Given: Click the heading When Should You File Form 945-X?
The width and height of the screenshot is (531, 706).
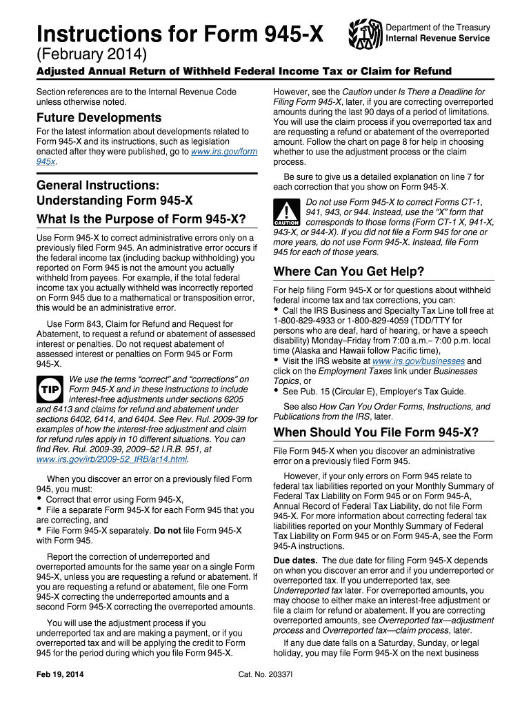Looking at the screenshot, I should pos(376,432).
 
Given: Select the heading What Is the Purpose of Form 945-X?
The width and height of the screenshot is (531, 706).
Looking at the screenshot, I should pos(141,219).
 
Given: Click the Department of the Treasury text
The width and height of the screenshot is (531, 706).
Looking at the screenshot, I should pos(438,28).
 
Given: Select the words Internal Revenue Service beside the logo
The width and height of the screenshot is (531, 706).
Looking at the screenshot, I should pos(438,39).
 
